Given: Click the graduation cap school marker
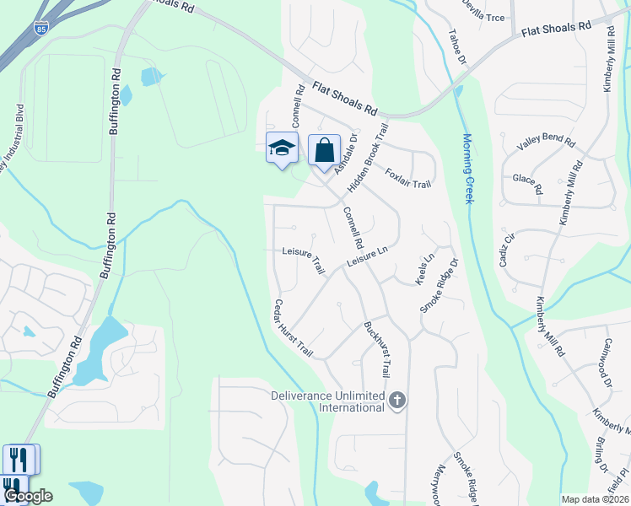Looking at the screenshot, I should (x=282, y=148).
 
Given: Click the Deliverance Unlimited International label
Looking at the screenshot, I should (x=327, y=401).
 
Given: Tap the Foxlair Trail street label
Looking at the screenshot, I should (x=408, y=179).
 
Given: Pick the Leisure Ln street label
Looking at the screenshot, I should (x=367, y=258).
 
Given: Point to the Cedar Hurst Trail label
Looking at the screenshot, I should (x=293, y=328).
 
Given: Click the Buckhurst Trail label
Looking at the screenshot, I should (x=377, y=348).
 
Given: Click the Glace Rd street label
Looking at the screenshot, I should (x=527, y=183).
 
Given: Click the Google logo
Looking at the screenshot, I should (x=28, y=497).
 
